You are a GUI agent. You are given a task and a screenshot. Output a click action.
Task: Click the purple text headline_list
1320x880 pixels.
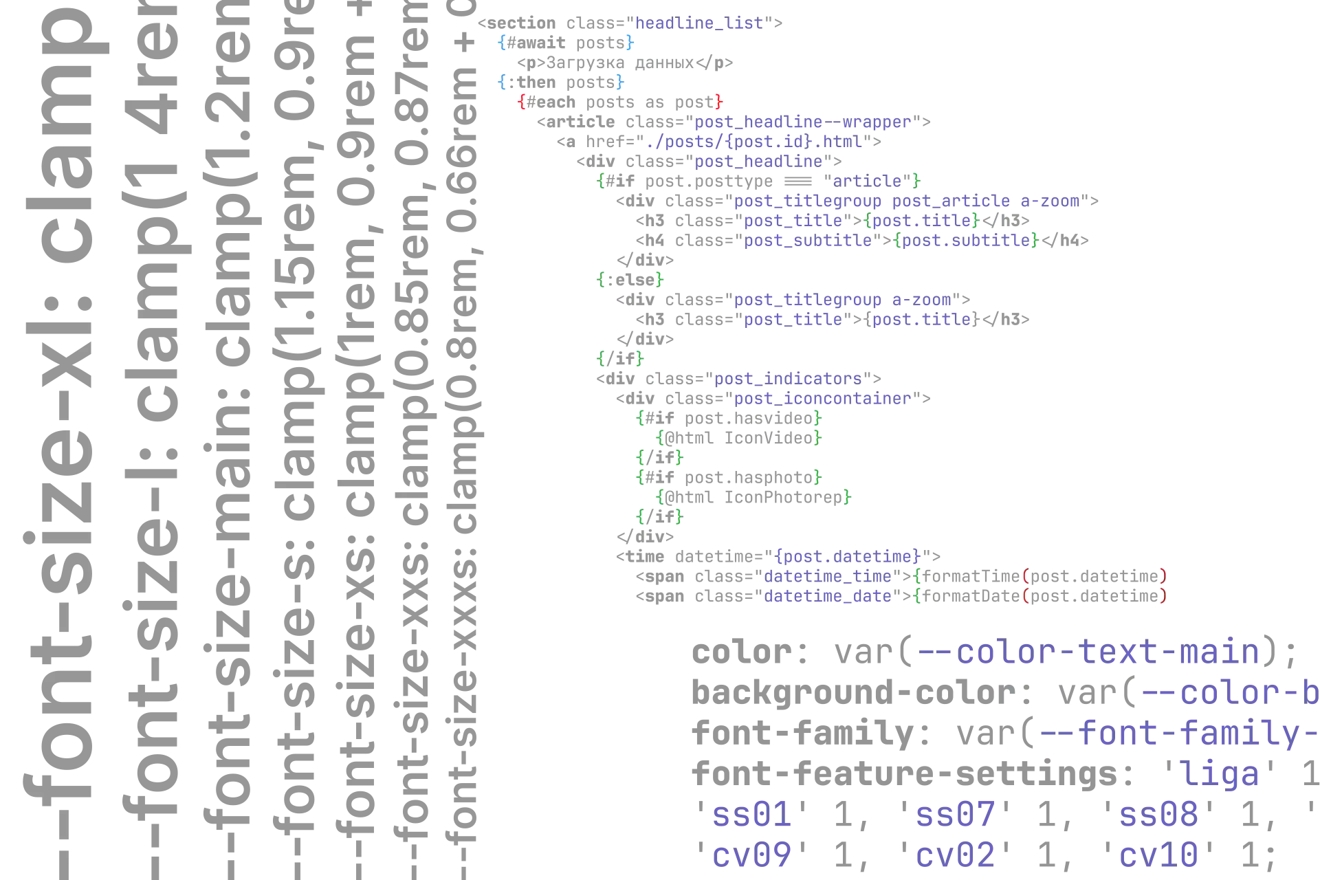pyautogui.click(x=699, y=23)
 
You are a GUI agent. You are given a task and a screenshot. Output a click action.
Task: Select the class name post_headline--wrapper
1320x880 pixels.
pyautogui.click(x=803, y=122)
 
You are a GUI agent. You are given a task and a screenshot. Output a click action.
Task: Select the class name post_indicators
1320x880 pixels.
pyautogui.click(x=788, y=378)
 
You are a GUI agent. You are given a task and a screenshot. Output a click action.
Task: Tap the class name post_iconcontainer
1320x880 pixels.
pyautogui.click(x=822, y=398)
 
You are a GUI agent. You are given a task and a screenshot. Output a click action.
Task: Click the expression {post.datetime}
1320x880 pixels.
pyautogui.click(x=848, y=555)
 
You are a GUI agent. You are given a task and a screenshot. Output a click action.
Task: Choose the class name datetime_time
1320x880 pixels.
pyautogui.click(x=828, y=575)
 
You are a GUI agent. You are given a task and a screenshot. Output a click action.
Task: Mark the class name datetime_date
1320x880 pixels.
pyautogui.click(x=828, y=595)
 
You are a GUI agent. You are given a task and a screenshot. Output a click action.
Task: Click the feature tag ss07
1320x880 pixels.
pyautogui.click(x=954, y=816)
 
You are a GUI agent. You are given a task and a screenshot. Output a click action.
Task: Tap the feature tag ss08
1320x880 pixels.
pyautogui.click(x=1158, y=816)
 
